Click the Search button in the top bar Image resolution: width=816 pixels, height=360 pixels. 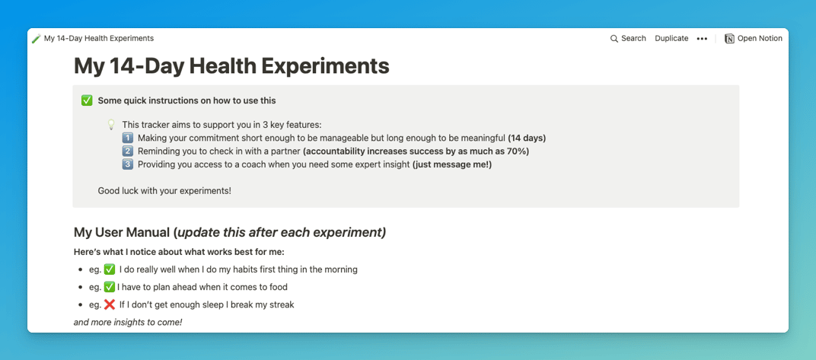(628, 39)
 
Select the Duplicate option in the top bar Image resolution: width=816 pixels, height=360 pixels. (671, 39)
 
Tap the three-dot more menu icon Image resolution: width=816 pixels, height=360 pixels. (702, 39)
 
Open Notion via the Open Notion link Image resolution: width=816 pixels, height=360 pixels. (754, 39)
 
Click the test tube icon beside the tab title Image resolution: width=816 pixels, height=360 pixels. (36, 39)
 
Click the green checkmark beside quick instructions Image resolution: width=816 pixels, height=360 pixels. (87, 101)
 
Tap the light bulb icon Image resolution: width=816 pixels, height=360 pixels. (111, 125)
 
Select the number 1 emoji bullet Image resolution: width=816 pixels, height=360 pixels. (128, 139)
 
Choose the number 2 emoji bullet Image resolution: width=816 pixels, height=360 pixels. (128, 151)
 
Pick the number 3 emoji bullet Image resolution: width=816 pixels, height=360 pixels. (128, 165)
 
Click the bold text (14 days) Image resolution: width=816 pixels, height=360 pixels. (527, 139)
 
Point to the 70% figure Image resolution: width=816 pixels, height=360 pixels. (518, 151)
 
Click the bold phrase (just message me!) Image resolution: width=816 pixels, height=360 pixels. (451, 165)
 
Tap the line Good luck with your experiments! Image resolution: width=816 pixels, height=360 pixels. (164, 191)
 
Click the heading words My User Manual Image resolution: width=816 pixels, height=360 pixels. (122, 233)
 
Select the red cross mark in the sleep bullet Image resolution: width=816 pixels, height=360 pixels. (110, 305)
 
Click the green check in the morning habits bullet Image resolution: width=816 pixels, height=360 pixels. (110, 269)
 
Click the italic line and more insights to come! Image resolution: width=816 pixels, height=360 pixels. (128, 323)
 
